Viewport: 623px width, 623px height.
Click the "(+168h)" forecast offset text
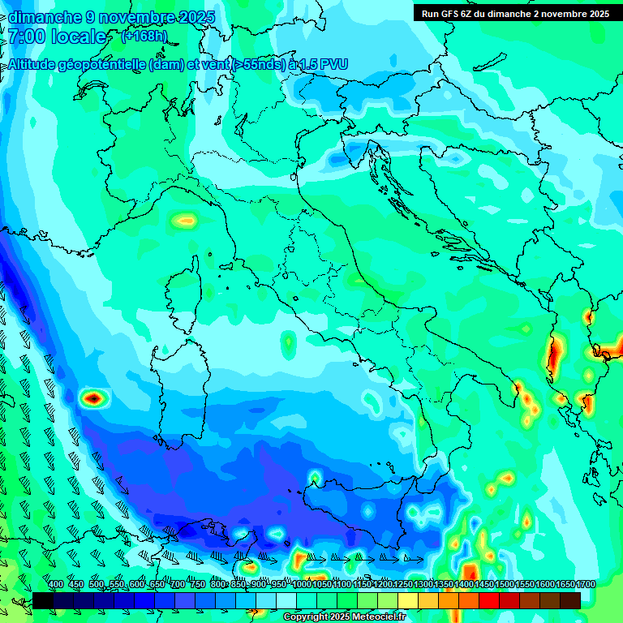[144, 36]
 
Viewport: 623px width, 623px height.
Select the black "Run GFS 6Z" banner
[515, 13]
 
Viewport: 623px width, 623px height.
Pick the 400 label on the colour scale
[56, 585]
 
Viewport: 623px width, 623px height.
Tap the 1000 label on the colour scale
[302, 585]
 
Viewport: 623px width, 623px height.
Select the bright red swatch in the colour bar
[489, 600]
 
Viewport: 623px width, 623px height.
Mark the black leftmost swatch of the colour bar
[43, 600]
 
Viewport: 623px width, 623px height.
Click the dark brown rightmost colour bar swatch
[570, 600]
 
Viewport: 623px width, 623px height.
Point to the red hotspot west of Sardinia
[94, 397]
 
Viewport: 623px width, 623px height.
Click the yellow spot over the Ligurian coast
[186, 219]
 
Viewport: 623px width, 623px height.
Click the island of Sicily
[381, 519]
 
